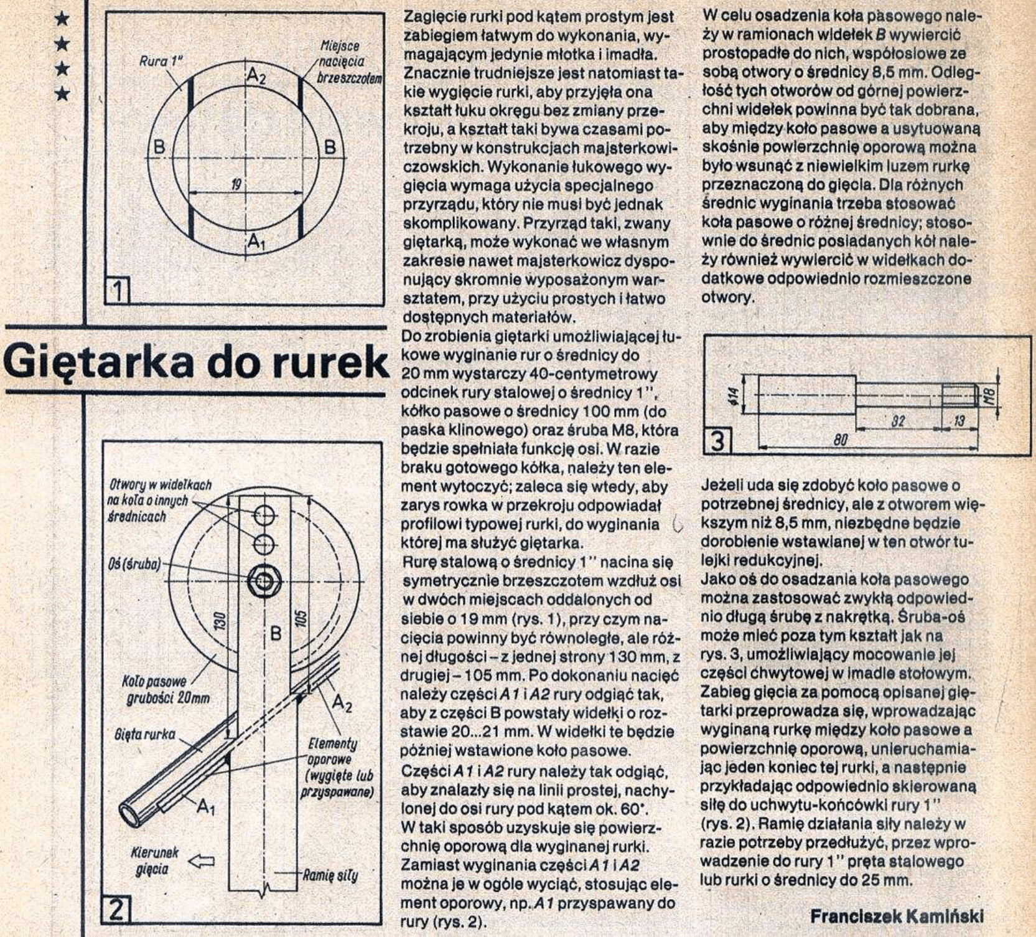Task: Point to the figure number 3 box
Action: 717,441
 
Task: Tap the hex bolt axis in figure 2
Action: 264,582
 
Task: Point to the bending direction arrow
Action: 200,862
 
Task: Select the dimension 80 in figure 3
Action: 841,440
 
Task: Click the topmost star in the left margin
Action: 61,21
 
